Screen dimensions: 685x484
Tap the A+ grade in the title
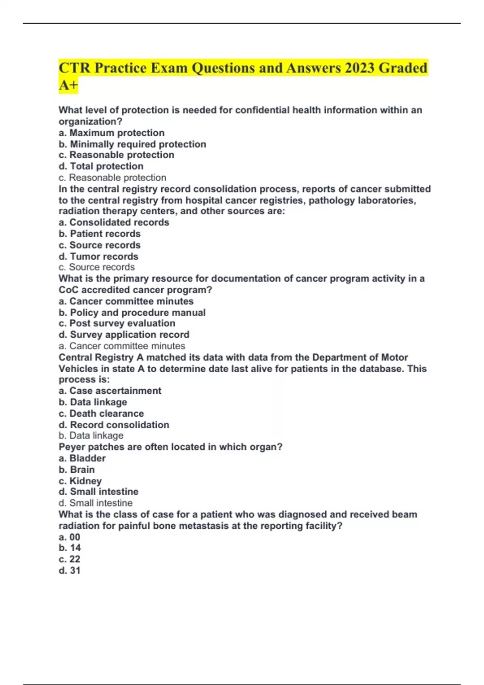(68, 85)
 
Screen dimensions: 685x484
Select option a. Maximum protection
(111, 133)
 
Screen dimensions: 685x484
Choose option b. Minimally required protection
(132, 144)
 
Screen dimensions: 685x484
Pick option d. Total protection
(101, 166)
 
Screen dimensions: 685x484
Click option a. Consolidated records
(114, 222)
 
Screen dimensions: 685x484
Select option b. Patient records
(100, 234)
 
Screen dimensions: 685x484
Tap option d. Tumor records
(98, 257)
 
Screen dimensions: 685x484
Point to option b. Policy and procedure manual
(132, 313)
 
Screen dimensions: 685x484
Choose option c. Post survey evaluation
(117, 324)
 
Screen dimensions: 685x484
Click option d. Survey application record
(124, 335)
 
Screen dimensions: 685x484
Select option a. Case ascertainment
(110, 391)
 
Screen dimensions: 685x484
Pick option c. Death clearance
(101, 414)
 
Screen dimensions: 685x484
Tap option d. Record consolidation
(114, 425)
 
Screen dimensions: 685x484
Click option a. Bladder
(82, 459)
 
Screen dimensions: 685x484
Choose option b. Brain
(77, 470)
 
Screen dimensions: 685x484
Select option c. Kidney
(80, 481)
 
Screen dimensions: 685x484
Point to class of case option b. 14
(70, 548)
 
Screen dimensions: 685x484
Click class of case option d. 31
(70, 571)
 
